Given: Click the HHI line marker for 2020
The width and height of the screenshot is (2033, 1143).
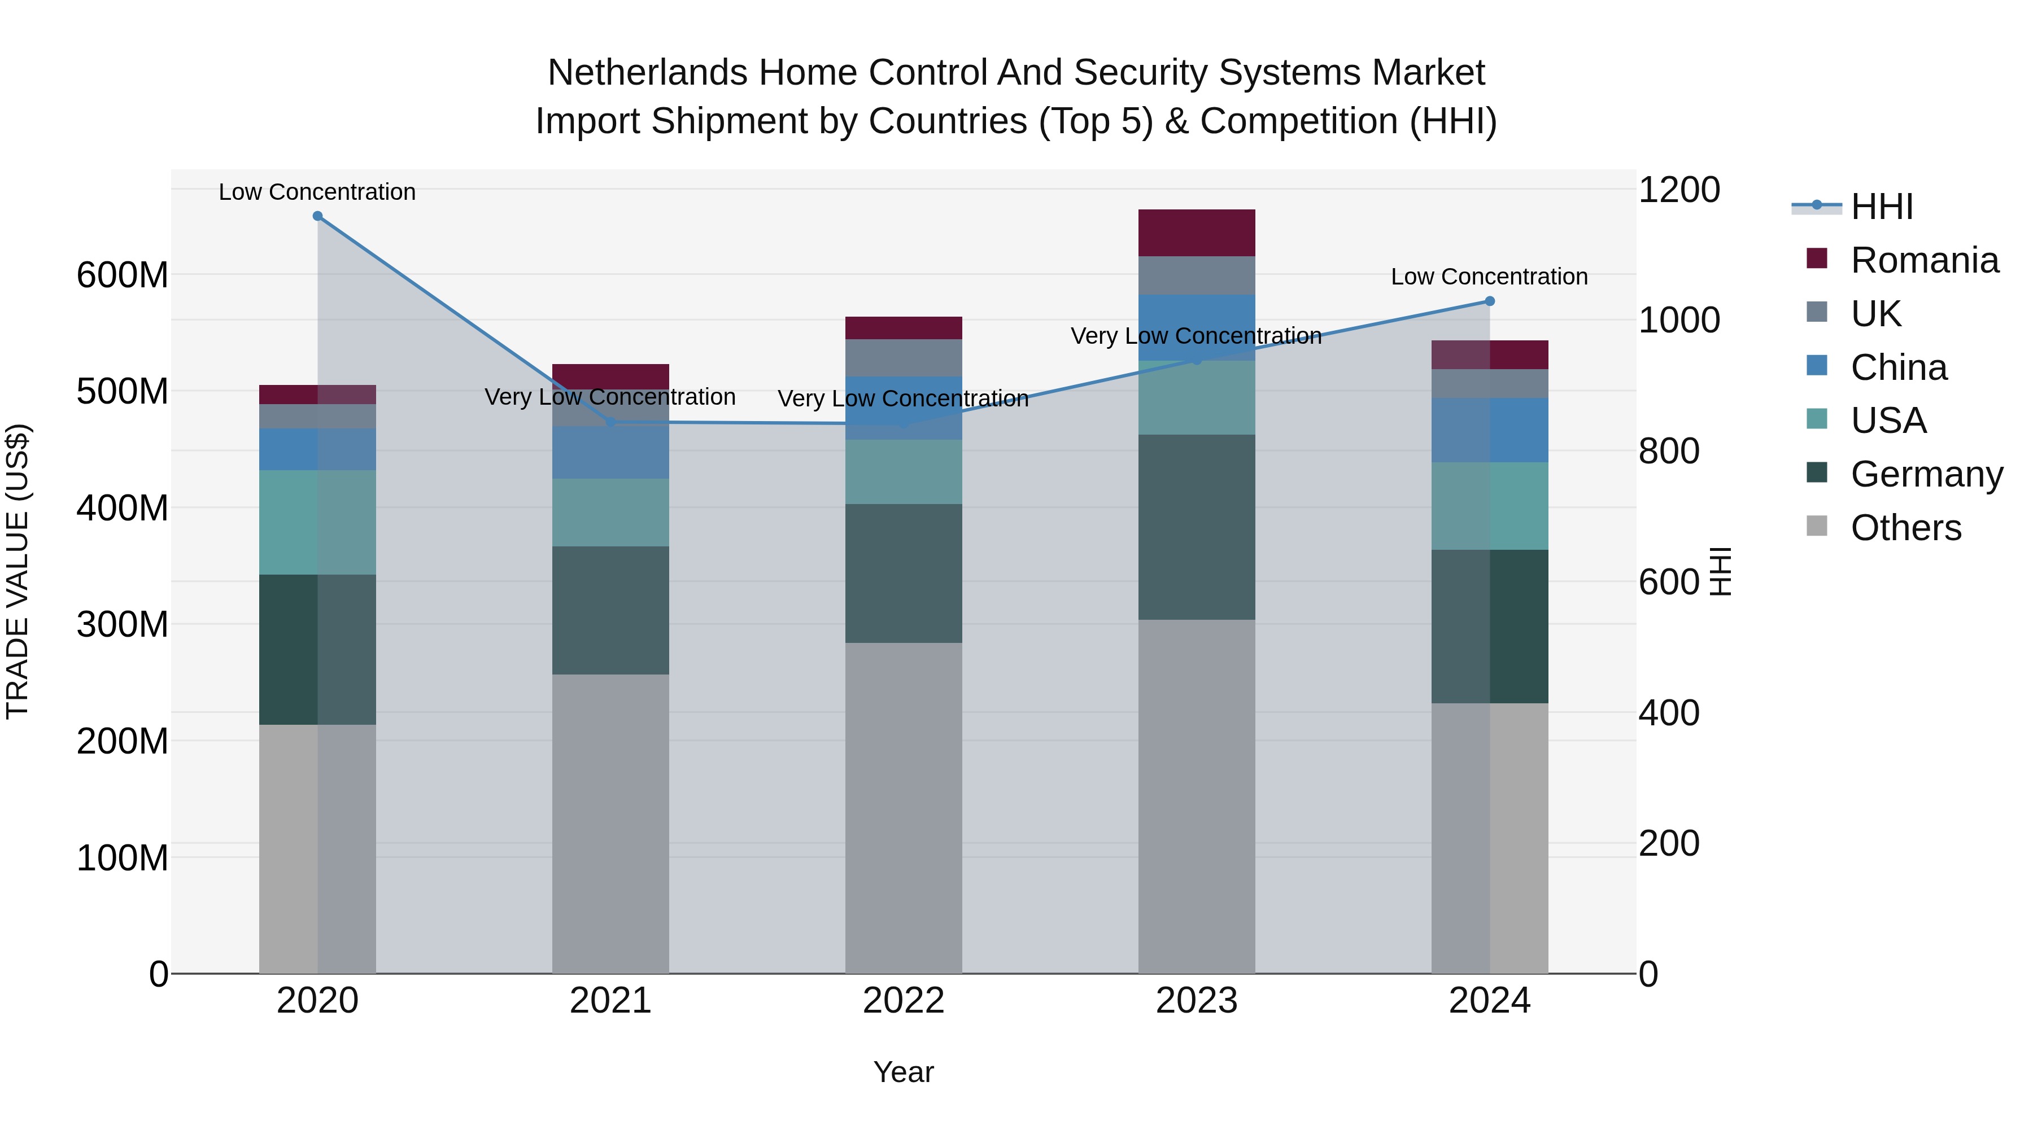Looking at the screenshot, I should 317,216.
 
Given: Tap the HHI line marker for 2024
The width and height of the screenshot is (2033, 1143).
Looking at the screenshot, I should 1489,300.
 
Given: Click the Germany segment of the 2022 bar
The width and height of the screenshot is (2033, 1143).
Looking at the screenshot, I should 903,573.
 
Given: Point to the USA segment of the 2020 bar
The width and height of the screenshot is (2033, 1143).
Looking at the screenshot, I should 317,522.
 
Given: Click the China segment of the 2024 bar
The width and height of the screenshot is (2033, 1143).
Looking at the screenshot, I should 1489,430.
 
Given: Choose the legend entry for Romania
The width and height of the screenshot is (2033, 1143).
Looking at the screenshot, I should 1924,260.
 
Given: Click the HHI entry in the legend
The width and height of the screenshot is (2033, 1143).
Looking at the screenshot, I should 1882,207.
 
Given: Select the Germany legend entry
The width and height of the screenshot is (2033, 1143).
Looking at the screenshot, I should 1926,474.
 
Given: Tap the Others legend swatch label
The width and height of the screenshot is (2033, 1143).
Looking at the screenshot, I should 1905,528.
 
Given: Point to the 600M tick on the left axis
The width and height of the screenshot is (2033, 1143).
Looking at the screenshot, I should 123,275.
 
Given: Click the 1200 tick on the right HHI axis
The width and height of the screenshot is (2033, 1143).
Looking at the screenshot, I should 1679,190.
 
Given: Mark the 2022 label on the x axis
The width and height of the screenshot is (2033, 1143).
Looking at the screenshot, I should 903,1000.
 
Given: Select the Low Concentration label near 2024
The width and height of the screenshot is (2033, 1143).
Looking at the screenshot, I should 1489,277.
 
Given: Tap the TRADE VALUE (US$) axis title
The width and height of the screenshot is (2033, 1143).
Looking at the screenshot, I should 18,571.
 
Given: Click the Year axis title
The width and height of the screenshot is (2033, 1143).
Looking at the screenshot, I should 903,1072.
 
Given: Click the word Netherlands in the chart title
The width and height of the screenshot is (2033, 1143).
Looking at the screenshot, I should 647,73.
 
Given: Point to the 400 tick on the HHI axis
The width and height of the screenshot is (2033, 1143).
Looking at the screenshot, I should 1668,712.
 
